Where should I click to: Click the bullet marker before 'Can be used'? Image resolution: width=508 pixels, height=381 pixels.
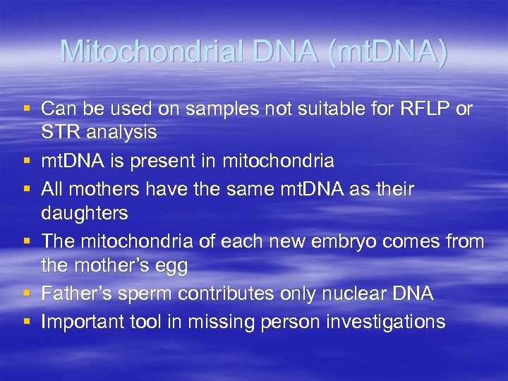(x=26, y=109)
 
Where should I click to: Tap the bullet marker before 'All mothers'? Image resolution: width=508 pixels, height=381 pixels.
(x=26, y=190)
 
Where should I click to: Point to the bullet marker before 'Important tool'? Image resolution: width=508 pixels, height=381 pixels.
(x=26, y=322)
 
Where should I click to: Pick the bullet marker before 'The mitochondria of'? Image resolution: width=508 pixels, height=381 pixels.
(x=26, y=242)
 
